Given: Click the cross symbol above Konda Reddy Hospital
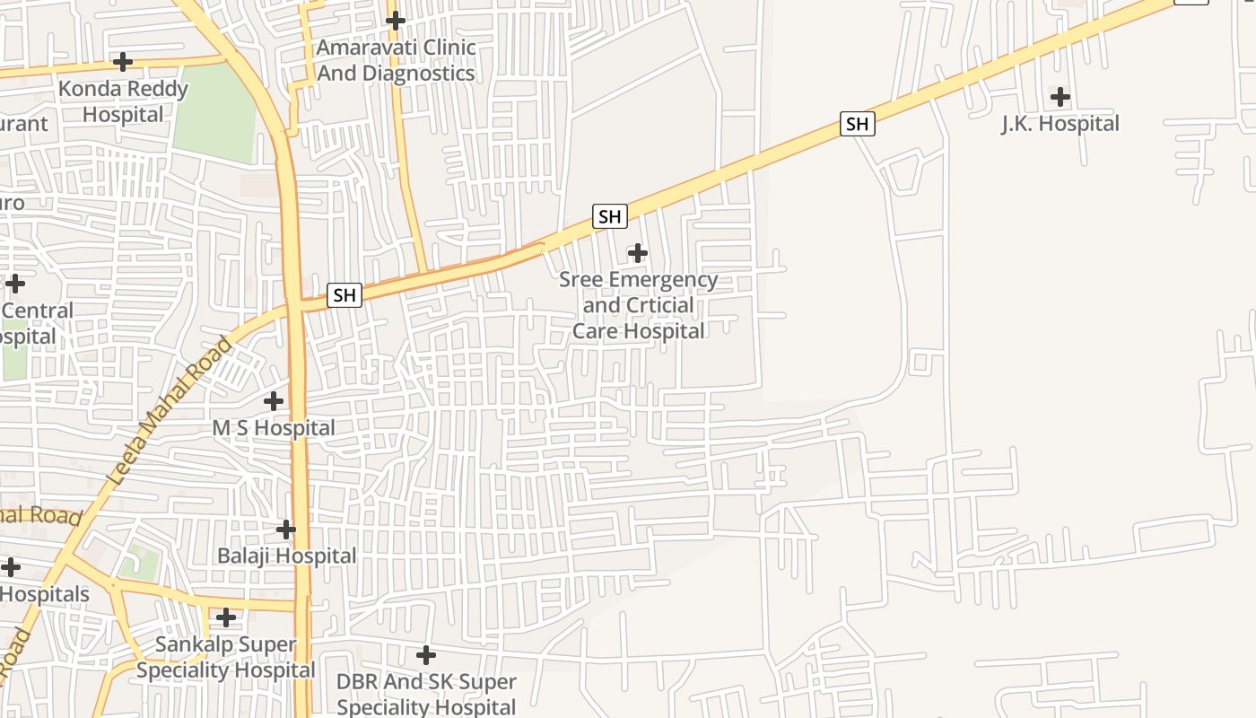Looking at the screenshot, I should pyautogui.click(x=123, y=62).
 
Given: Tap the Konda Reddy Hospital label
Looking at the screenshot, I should pyautogui.click(x=123, y=101).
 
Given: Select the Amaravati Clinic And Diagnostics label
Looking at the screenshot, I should pyautogui.click(x=396, y=60).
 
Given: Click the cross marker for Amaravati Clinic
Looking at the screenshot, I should pyautogui.click(x=395, y=20).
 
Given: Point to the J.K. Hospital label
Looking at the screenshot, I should pyautogui.click(x=1060, y=124).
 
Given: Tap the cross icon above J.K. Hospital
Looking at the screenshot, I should pyautogui.click(x=1060, y=97).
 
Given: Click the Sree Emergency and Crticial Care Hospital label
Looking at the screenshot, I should pyautogui.click(x=638, y=305).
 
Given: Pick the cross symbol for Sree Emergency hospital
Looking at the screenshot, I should pyautogui.click(x=638, y=253).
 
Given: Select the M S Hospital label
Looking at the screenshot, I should pyautogui.click(x=274, y=428).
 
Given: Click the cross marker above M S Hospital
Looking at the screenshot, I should pyautogui.click(x=274, y=401).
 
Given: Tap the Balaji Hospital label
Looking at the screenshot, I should pyautogui.click(x=286, y=556).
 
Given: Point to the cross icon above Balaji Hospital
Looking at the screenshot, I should pyautogui.click(x=286, y=530).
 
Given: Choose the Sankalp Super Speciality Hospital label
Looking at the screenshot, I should pyautogui.click(x=225, y=657).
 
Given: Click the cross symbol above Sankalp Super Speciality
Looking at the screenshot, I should pyautogui.click(x=226, y=617).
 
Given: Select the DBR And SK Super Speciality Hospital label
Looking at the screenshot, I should pyautogui.click(x=426, y=694).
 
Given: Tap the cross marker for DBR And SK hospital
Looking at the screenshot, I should pyautogui.click(x=426, y=655).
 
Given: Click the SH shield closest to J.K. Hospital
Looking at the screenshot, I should pyautogui.click(x=857, y=124).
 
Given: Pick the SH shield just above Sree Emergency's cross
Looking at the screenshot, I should pyautogui.click(x=609, y=216).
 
